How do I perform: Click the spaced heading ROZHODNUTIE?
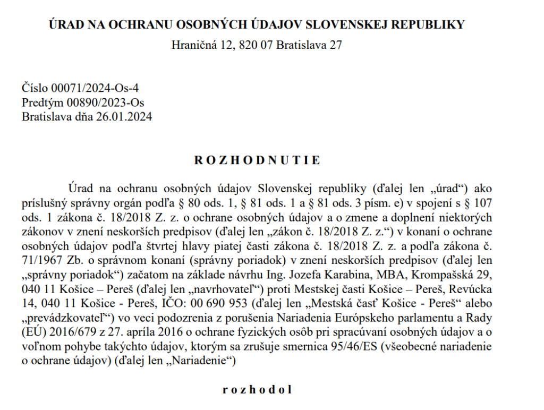point(257,160)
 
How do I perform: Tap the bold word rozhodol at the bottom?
point(257,389)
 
